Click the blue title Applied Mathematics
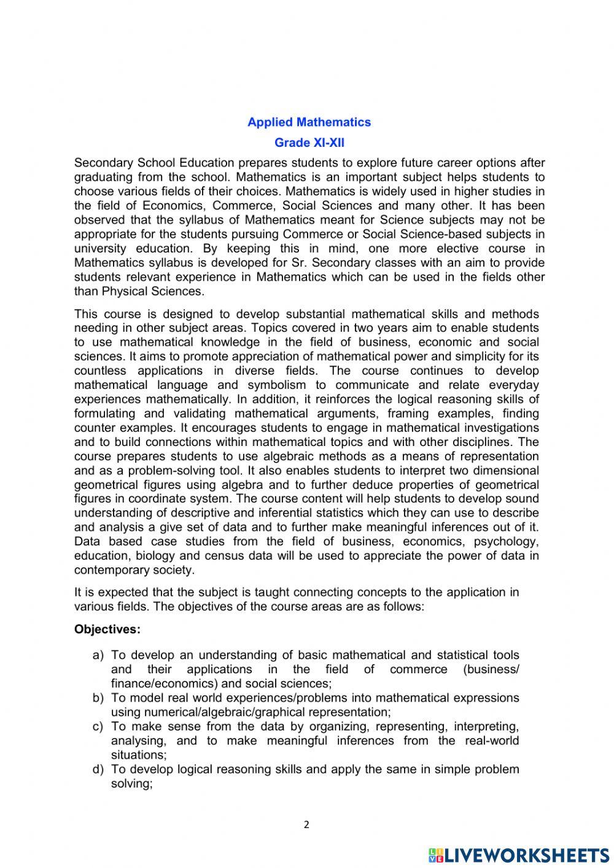coord(309,122)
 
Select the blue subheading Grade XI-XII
coord(309,143)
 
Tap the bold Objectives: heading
coord(107,630)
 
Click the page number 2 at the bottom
coord(307,825)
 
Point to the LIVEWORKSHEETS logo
coord(518,855)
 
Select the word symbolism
coord(276,385)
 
